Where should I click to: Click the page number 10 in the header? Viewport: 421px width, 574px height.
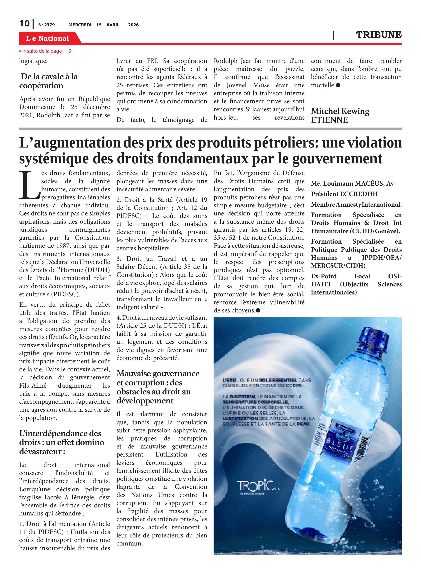pos(25,24)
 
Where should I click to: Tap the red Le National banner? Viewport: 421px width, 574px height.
pos(48,38)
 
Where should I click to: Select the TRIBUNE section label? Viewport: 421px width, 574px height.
pos(379,35)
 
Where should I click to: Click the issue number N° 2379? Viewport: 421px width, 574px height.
pos(46,25)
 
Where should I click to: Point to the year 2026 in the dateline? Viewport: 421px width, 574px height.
pos(133,25)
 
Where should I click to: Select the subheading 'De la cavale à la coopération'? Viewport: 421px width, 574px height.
pos(48,81)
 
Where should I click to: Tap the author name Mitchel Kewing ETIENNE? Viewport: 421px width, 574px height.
pos(340,115)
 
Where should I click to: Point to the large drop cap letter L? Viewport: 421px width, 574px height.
pos(29,185)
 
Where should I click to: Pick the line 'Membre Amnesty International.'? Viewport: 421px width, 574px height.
pos(356,205)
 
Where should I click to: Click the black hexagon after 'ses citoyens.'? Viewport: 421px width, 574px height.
pos(258,310)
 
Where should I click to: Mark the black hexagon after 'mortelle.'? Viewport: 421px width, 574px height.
pos(338,85)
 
